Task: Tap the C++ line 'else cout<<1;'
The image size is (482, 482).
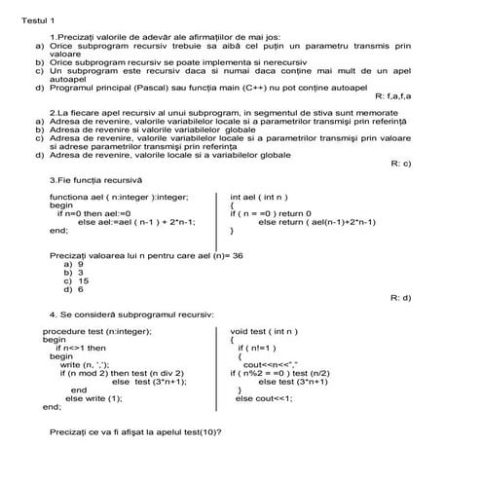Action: (x=263, y=398)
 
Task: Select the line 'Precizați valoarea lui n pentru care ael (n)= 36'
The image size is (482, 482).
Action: (x=145, y=254)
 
